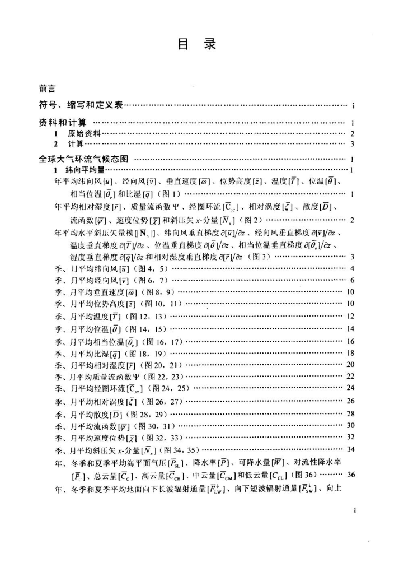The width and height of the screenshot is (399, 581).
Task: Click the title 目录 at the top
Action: coord(200,44)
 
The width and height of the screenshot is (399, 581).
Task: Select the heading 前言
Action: coord(47,88)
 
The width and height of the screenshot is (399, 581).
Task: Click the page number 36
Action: coord(351,474)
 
